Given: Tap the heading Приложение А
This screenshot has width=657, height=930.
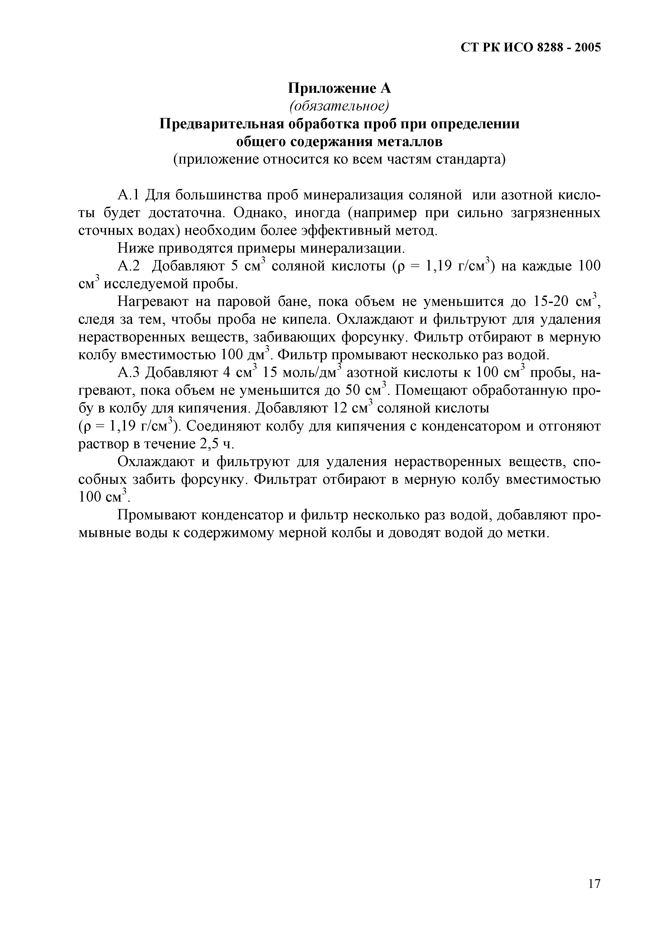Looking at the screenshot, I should click(x=339, y=88).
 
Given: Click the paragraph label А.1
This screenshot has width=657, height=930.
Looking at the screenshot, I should click(x=129, y=195).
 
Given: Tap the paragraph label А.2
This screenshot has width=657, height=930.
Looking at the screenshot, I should click(x=129, y=266).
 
